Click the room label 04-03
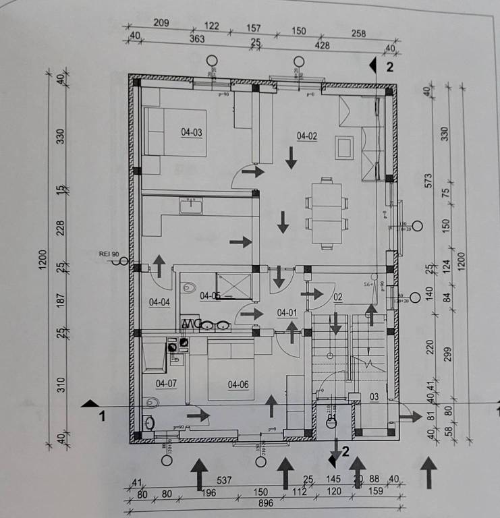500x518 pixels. pyautogui.click(x=192, y=132)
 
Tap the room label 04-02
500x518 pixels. pyautogui.click(x=307, y=136)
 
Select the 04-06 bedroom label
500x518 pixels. pyautogui.click(x=238, y=385)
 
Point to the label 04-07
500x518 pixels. pyautogui.click(x=166, y=384)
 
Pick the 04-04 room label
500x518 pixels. pyautogui.click(x=160, y=302)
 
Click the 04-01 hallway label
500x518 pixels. pyautogui.click(x=287, y=312)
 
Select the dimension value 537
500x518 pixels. pyautogui.click(x=224, y=481)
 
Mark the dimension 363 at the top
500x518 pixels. pyautogui.click(x=197, y=40)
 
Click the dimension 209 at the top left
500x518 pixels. pyautogui.click(x=161, y=23)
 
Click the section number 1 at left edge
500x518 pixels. pyautogui.click(x=102, y=416)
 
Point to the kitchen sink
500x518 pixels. pyautogui.click(x=192, y=205)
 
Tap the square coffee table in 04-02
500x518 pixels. pyautogui.click(x=344, y=146)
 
